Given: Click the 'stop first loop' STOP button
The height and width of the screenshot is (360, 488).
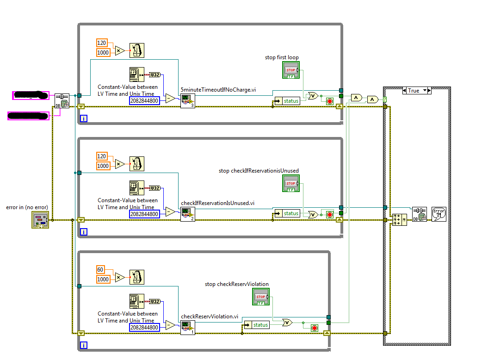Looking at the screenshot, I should coord(290,70).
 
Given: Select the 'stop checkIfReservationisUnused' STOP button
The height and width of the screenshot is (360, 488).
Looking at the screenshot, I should coord(290,184).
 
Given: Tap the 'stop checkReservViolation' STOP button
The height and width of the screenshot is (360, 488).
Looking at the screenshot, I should coord(261,297).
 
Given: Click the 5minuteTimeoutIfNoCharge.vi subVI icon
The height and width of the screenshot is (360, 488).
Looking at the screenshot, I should coord(187,100).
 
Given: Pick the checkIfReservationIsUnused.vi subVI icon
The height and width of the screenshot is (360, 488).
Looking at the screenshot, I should coord(187,214).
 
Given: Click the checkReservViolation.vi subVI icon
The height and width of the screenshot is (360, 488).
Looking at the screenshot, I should coord(187,327).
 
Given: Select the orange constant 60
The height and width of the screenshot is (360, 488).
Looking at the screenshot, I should coord(101,269).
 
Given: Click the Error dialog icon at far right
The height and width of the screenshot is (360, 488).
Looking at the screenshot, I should coord(439,214).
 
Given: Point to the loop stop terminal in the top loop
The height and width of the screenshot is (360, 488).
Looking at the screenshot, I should coord(330,101).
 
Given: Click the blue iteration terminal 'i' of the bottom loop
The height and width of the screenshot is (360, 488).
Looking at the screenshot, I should coord(84,345).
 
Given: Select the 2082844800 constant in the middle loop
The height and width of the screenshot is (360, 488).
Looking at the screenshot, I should coord(144,214).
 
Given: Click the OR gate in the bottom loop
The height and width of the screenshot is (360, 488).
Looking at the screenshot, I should coord(287,322).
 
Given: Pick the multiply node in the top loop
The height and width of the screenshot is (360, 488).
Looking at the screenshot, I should coord(120,50).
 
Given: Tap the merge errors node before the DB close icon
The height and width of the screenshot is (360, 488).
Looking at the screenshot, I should coord(399,220).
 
